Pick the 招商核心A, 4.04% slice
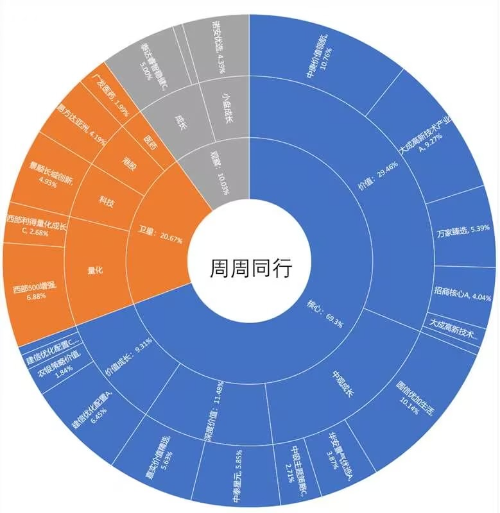pos(461,297)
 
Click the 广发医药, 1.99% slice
pos(110,96)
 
